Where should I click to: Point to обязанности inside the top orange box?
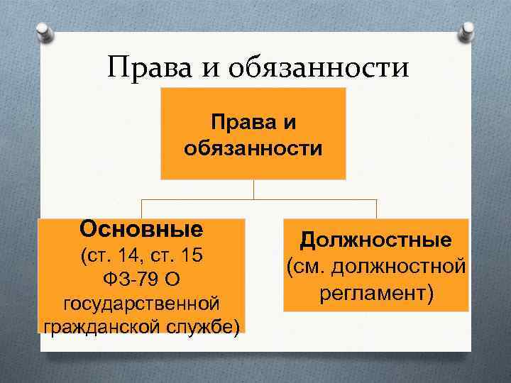[x=253, y=149]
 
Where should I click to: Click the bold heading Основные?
[x=141, y=229]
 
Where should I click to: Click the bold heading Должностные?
[x=376, y=240]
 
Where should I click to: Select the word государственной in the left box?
[x=141, y=302]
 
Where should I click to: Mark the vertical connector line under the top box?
[x=253, y=189]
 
